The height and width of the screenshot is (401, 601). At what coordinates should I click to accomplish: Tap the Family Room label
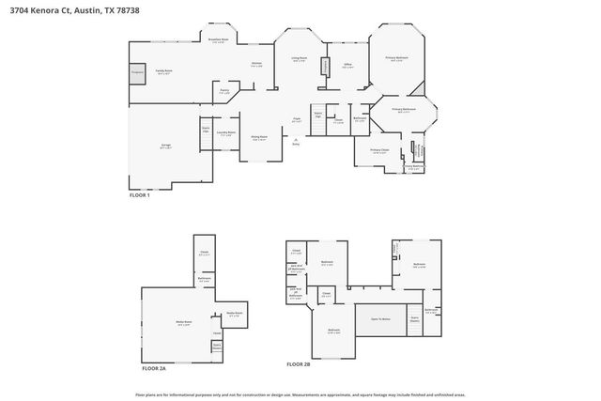click(162, 73)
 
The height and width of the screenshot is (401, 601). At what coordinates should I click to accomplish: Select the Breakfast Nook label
click(218, 40)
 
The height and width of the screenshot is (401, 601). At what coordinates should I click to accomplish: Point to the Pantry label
click(224, 92)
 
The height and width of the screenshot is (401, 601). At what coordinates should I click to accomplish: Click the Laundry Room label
click(226, 133)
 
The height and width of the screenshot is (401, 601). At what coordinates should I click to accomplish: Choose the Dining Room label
click(259, 138)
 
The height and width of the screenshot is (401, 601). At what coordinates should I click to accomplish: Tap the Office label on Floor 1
click(347, 66)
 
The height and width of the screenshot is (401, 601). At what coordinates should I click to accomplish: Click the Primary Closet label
click(378, 150)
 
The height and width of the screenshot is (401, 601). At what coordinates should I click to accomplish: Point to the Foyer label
click(296, 119)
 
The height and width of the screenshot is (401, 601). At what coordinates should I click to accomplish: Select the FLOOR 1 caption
click(139, 194)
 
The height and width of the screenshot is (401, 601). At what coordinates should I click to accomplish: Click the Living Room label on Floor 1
click(299, 59)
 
